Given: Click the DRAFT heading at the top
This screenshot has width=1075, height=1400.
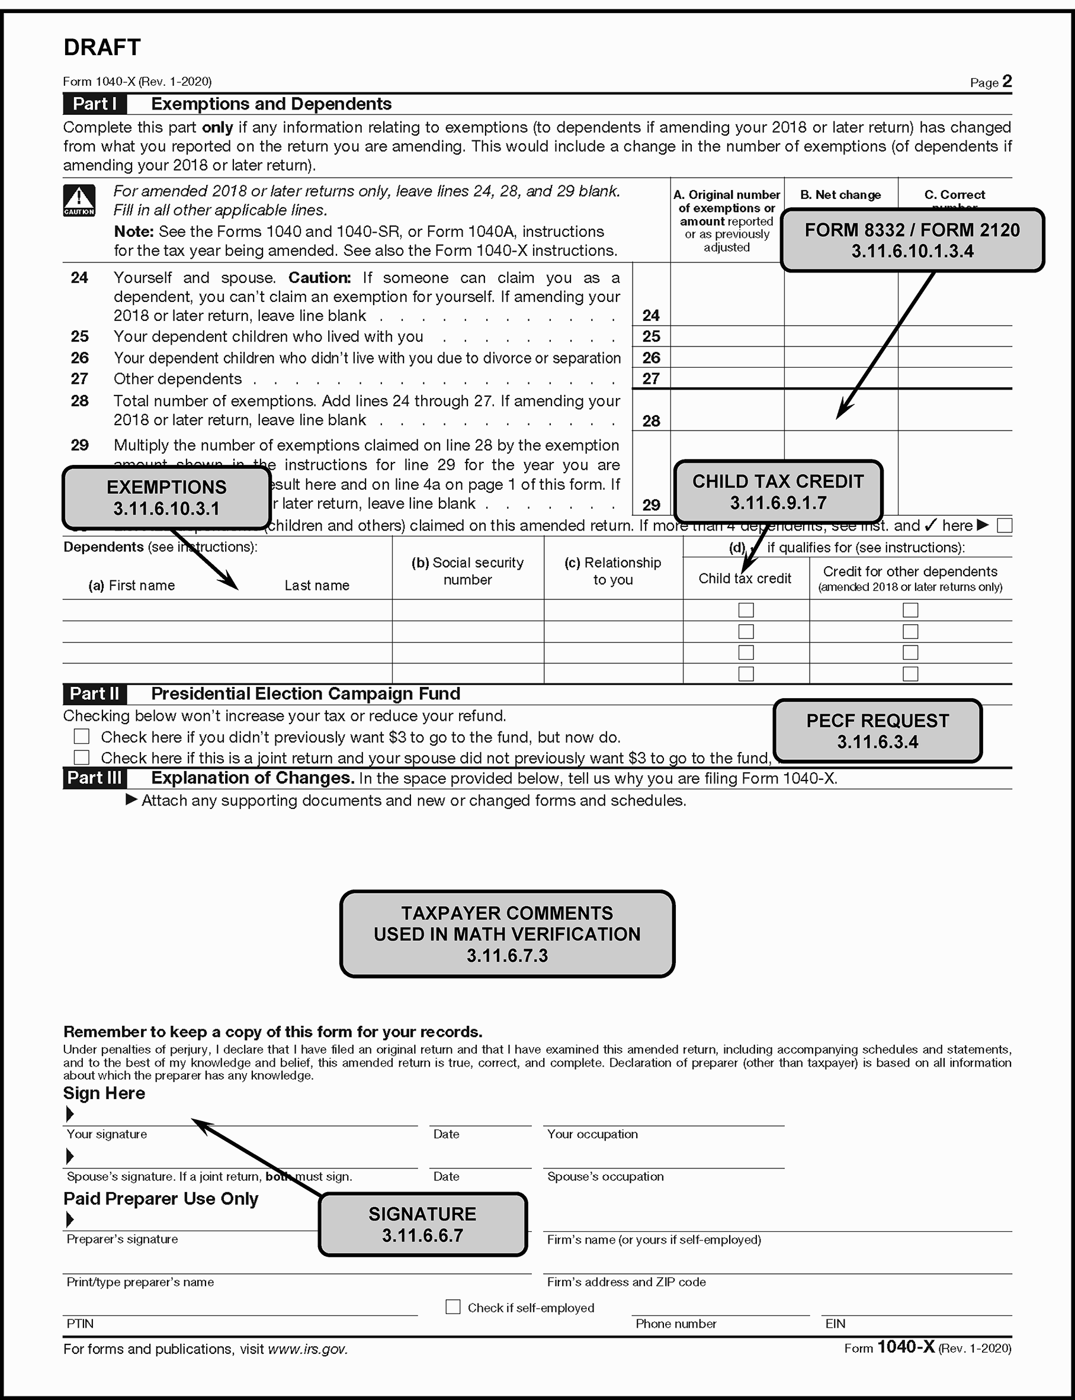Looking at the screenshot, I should point(102,47).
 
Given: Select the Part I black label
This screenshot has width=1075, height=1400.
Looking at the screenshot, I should point(94,104).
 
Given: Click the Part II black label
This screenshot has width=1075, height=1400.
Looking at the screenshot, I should point(94,693).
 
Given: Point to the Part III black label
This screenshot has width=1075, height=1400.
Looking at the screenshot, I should point(94,778).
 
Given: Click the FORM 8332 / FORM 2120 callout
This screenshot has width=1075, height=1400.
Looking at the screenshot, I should point(912,240).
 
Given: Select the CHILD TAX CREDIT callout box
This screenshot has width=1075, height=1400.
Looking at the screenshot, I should point(778,492).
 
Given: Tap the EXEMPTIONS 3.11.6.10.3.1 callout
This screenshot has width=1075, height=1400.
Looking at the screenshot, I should point(166,498).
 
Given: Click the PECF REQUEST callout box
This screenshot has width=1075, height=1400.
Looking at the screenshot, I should point(877,731).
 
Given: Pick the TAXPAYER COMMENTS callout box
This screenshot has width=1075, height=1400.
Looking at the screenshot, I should point(507,933).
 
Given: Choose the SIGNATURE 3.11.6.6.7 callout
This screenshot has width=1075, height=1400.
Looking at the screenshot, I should point(422,1224).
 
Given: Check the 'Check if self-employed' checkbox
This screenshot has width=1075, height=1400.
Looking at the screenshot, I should point(453,1306).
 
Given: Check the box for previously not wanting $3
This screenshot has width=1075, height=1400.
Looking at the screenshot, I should point(81,737).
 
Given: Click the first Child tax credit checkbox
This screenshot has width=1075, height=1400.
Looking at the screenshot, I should point(746,610).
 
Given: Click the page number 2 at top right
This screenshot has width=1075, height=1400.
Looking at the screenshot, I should point(1006,81).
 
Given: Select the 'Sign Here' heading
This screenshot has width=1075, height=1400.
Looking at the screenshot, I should point(104,1093).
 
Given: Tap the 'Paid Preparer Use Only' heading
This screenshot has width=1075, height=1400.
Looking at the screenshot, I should point(161,1199).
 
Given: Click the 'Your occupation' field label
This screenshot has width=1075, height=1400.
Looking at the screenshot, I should point(592,1134).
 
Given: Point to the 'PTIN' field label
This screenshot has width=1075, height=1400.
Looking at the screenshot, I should point(80,1323).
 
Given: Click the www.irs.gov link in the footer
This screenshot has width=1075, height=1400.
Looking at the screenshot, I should point(307,1349).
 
